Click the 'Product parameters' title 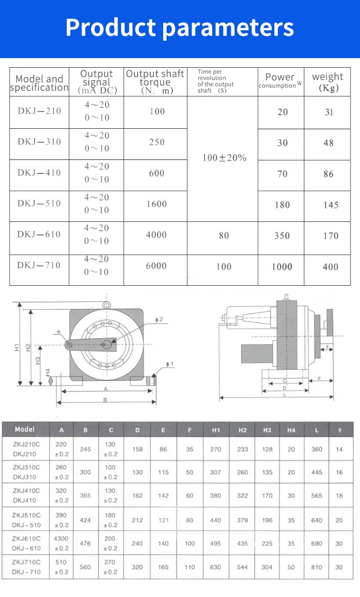pos(180,27)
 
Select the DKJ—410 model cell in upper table pos(39,173)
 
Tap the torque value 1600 pos(156,204)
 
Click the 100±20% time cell pos(224,158)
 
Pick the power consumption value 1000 pos(282,267)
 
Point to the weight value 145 pos(330,205)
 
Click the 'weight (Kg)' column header pos(328,82)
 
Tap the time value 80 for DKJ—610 pos(224,236)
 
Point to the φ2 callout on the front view pos(159,320)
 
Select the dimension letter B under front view pos(105,400)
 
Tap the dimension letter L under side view pos(285,394)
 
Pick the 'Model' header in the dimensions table pos(24,429)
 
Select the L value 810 pos(316,567)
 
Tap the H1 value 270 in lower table pos(216,450)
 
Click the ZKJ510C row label pos(27,515)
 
